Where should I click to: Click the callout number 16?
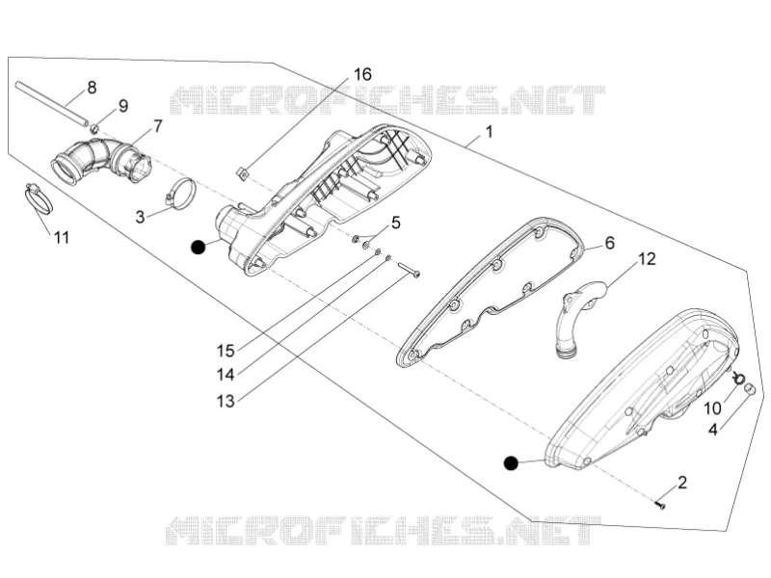point(362,75)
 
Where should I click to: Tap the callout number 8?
point(92,88)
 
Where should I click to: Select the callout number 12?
point(647,258)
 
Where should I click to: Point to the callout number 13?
point(226,401)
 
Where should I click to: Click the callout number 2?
point(681,483)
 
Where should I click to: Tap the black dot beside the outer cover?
point(512,463)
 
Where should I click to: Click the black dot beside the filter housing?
point(199,248)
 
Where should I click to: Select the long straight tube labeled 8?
point(51,103)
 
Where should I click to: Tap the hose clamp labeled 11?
point(39,198)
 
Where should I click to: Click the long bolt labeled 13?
point(409,270)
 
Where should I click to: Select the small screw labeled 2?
point(660,504)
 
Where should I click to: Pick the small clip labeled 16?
point(242,173)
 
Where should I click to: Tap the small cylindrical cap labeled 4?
point(749,389)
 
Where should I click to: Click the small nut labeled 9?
point(94,129)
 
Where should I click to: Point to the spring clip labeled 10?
point(738,378)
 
